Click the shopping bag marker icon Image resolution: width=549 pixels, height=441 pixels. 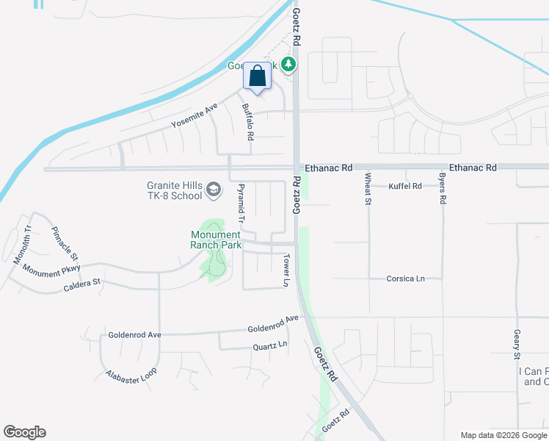coord(257,76)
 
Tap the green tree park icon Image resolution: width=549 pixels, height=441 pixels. coord(289,65)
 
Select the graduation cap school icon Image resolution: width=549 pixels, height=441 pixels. coord(213,190)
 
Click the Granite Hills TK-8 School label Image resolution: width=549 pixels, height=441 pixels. coord(173,190)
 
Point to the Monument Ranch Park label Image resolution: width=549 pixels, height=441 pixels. coord(215,240)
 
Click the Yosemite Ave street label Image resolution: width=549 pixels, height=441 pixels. coord(194,115)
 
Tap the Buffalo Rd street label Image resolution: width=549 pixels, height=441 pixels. coord(248,121)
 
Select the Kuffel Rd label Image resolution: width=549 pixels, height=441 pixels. coord(405,186)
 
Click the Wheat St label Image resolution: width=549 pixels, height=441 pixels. coord(368,189)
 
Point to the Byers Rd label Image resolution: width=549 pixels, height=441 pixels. coord(443,189)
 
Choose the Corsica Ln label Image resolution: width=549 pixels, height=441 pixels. coord(406,279)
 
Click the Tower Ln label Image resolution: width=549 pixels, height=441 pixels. coord(287,270)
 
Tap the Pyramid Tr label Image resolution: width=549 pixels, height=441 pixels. coord(239,204)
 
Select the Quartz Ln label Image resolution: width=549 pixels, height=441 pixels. coord(269,345)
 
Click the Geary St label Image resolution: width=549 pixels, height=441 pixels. coord(517,344)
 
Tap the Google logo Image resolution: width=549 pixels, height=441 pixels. coord(24,432)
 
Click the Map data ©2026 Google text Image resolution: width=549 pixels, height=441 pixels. coord(503,435)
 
